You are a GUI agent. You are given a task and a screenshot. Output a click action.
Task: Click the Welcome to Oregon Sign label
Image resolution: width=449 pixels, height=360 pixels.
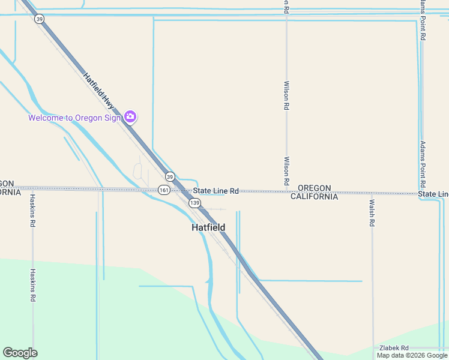(74, 118)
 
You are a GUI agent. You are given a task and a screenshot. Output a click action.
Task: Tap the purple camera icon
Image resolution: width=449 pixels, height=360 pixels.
(130, 116)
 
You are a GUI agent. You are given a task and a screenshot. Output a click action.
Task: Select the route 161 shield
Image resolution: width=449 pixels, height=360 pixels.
(164, 190)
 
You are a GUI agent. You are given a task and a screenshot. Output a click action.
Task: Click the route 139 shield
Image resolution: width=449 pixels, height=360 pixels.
(194, 203)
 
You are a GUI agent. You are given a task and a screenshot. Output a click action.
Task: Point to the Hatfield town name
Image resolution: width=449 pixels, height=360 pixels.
(208, 227)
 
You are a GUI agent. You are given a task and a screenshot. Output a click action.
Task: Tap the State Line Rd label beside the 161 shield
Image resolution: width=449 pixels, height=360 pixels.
(216, 191)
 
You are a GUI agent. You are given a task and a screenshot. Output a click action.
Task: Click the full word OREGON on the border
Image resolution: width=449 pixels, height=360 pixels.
(314, 188)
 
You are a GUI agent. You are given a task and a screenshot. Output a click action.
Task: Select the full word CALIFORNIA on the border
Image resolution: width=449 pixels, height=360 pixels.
(314, 196)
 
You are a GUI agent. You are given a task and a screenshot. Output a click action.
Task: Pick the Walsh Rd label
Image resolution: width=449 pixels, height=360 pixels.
(372, 212)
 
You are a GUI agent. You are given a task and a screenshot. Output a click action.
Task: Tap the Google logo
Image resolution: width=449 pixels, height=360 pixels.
(20, 353)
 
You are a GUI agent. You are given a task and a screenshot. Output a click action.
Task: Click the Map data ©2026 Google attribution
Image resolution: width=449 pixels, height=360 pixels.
(412, 355)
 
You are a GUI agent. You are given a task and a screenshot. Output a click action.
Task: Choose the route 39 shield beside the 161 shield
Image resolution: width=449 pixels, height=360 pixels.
(170, 176)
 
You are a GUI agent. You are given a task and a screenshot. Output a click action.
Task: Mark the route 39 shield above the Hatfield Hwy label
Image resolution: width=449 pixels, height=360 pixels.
(40, 19)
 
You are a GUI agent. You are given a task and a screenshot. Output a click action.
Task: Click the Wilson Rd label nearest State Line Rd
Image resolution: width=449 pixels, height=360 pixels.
(286, 171)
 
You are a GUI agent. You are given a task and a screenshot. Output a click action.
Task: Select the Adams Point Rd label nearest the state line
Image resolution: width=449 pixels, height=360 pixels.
(423, 164)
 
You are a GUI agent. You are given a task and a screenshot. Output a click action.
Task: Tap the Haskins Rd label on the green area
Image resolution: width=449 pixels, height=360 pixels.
(33, 285)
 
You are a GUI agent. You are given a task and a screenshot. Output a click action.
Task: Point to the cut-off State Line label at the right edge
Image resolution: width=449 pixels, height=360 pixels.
(433, 194)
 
